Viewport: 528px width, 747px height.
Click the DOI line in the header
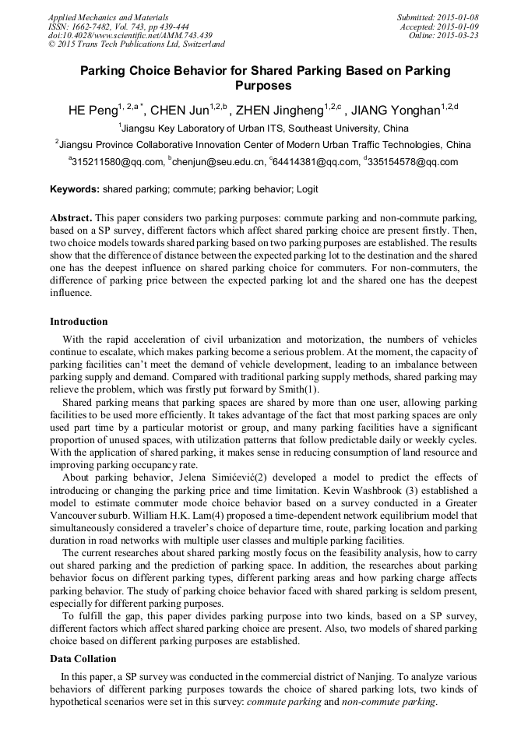pos(130,35)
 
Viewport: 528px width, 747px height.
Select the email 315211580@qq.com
pos(117,162)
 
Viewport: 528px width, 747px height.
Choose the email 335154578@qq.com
pos(413,162)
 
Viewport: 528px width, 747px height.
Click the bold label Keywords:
pos(75,189)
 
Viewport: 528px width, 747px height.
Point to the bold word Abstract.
pos(71,217)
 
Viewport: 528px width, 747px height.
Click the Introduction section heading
pos(79,322)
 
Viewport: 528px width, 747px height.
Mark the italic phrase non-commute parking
pos(389,702)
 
